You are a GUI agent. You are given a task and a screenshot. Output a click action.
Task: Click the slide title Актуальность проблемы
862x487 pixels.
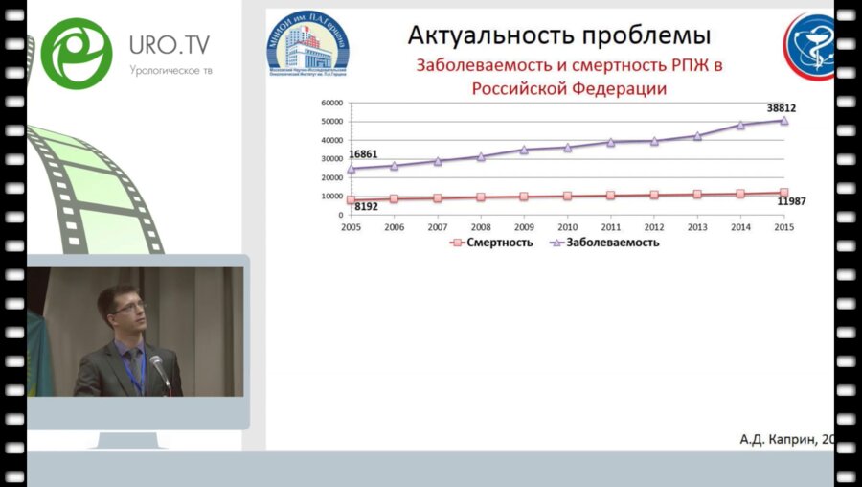pos(558,36)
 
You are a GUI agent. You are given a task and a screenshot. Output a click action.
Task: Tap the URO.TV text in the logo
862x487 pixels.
pos(169,45)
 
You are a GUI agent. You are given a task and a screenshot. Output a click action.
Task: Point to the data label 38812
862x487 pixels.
pos(781,108)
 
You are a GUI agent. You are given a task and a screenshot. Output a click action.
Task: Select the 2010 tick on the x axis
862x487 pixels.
pos(567,227)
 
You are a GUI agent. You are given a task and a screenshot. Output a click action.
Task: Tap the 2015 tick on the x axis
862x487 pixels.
pos(783,227)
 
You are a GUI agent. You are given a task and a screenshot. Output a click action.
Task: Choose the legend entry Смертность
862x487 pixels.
pos(491,243)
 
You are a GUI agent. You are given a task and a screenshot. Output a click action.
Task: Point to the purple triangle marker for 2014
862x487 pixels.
pos(740,125)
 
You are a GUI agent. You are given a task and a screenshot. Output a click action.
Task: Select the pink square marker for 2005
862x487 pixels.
pos(351,199)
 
